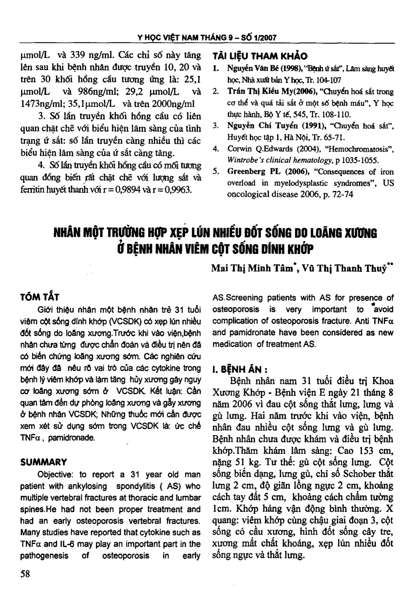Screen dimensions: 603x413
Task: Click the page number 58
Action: pyautogui.click(x=25, y=573)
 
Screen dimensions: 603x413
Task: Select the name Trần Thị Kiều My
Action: pyautogui.click(x=259, y=92)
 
